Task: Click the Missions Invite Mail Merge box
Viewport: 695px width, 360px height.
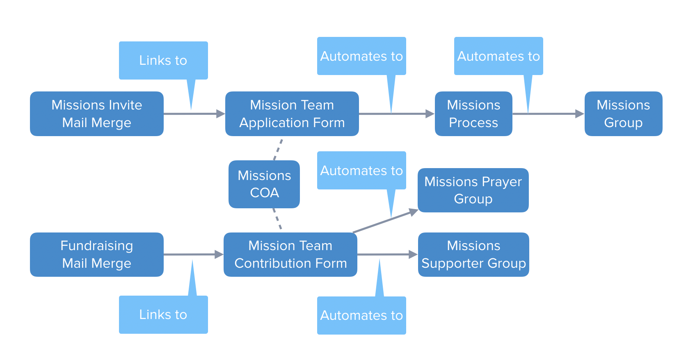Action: click(97, 114)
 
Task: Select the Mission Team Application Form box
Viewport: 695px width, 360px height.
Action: click(292, 114)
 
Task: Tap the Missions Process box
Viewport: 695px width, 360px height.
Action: click(473, 114)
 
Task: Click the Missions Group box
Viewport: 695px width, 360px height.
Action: click(623, 114)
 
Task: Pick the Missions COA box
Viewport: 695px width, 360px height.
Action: click(264, 184)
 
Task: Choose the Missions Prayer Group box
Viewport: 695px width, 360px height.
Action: click(473, 190)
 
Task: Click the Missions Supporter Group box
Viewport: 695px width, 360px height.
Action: click(473, 254)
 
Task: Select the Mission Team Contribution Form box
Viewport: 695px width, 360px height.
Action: click(290, 254)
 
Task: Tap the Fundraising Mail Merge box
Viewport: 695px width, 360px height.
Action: click(97, 254)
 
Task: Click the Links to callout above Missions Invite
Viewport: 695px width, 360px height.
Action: click(163, 60)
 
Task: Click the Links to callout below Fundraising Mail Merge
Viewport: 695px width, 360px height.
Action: click(163, 314)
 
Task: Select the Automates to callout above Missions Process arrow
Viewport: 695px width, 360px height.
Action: click(361, 56)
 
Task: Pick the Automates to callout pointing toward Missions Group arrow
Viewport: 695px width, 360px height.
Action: click(498, 56)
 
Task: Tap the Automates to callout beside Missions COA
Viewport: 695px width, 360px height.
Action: click(361, 170)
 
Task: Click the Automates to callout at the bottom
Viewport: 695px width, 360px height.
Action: click(361, 315)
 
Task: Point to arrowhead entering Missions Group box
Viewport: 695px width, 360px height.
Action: click(579, 114)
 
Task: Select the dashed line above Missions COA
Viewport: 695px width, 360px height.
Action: click(278, 149)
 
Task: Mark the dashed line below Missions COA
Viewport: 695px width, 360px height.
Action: click(277, 219)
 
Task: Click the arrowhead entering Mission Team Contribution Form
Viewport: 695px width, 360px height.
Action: click(219, 254)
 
